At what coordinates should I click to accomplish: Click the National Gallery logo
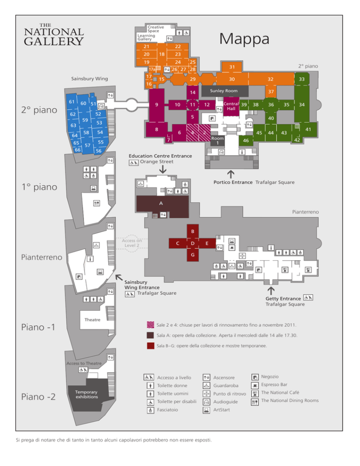pyautogui.click(x=54, y=35)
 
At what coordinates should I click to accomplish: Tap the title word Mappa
pyautogui.click(x=244, y=39)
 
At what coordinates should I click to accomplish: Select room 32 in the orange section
pyautogui.click(x=270, y=79)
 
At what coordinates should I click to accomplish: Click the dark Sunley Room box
pyautogui.click(x=224, y=90)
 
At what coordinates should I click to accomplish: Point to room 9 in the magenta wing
pyautogui.click(x=157, y=105)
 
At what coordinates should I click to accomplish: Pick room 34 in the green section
pyautogui.click(x=302, y=105)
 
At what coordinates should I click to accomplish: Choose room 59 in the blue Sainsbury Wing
pyautogui.click(x=85, y=120)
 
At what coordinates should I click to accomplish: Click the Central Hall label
pyautogui.click(x=231, y=106)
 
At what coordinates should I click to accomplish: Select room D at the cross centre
pyautogui.click(x=193, y=243)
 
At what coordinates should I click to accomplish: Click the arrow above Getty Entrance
pyautogui.click(x=271, y=290)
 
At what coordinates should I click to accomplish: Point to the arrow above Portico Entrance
pyautogui.click(x=231, y=174)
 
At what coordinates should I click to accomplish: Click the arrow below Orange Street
pyautogui.click(x=163, y=169)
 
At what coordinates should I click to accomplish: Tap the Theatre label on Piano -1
pyautogui.click(x=92, y=320)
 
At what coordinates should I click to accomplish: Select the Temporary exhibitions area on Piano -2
pyautogui.click(x=87, y=395)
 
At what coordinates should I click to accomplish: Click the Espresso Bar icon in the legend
pyautogui.click(x=255, y=385)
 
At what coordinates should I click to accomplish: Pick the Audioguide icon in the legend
pyautogui.click(x=206, y=402)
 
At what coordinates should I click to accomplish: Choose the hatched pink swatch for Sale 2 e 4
pyautogui.click(x=150, y=325)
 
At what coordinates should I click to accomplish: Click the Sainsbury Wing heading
pyautogui.click(x=90, y=79)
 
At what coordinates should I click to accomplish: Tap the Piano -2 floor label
pyautogui.click(x=38, y=397)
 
